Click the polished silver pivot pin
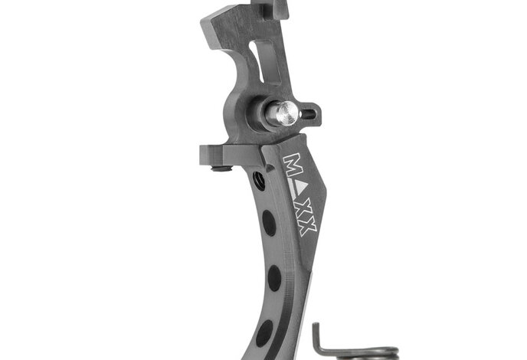pos(282,113)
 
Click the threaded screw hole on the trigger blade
pos(259,181)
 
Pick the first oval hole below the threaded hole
pos(269,223)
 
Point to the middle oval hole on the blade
pos(274,278)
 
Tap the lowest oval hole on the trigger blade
pos(264,333)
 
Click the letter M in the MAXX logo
pos(292,165)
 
